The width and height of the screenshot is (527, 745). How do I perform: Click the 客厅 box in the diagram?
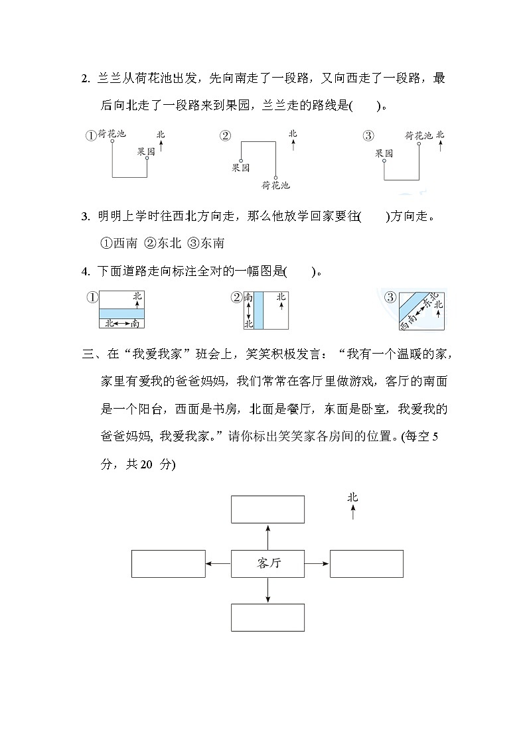tap(267, 563)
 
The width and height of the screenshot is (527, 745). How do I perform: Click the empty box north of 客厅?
tap(267, 509)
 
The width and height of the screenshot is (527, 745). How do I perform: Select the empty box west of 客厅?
tap(168, 563)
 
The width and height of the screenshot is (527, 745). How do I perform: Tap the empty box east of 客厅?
tap(366, 563)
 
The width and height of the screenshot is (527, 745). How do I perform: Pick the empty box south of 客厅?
tap(267, 617)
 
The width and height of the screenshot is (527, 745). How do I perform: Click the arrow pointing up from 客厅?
tap(267, 536)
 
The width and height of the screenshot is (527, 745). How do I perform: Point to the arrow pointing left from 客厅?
tap(218, 563)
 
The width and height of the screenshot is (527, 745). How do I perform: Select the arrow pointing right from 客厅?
tap(317, 563)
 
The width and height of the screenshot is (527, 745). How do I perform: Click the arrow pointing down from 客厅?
tap(267, 590)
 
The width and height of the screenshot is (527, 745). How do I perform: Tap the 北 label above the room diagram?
tap(352, 497)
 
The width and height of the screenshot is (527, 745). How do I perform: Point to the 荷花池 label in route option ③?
tap(419, 135)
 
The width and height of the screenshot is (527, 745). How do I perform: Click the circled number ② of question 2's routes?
tap(225, 136)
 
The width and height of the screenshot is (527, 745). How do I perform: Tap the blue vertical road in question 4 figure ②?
tap(259, 310)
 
